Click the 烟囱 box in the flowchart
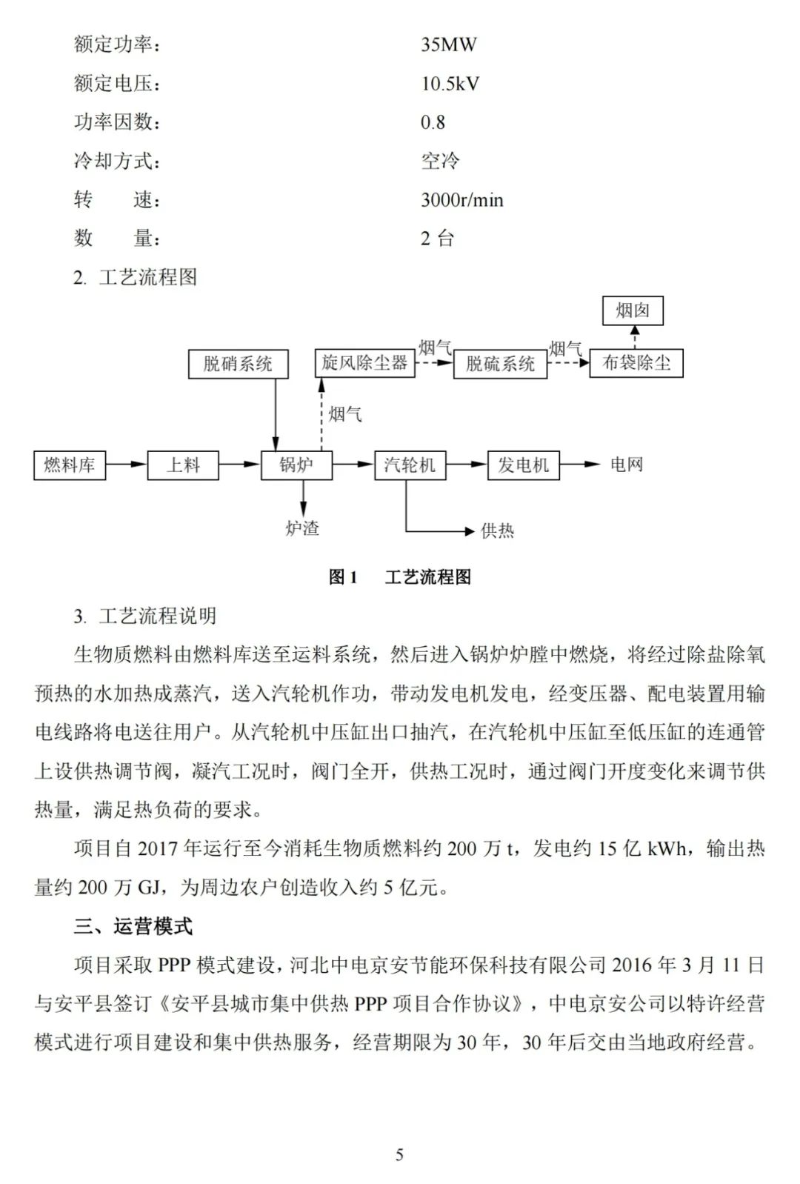633,310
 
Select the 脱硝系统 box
238,364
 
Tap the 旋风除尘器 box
364,362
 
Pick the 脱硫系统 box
500,364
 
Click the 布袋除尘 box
636,363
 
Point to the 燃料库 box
70,465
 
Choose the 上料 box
183,465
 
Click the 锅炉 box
296,465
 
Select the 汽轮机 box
410,465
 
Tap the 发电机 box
523,465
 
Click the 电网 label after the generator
627,465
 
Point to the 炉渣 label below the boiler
302,528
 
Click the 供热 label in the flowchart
497,531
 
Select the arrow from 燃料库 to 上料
126,465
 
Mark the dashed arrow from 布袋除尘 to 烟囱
636,337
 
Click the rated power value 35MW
449,44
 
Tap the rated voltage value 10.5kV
450,84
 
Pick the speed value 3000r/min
462,200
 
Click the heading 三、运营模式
133,926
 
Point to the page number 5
400,1154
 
